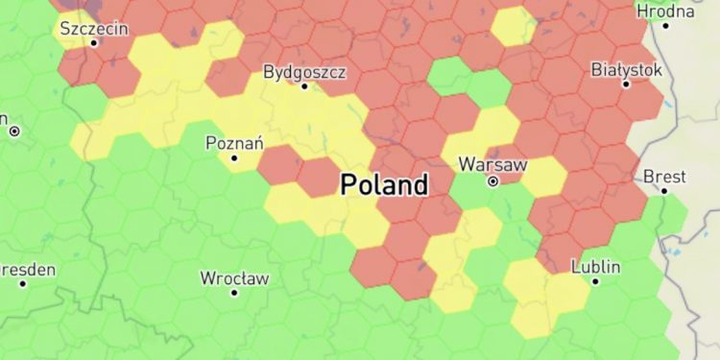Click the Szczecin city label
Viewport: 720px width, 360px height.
point(94,28)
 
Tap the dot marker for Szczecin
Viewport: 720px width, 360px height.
point(94,42)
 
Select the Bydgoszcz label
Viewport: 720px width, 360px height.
point(304,72)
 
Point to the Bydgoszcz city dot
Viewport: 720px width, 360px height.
point(304,86)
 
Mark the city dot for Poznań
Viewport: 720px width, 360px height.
point(233,157)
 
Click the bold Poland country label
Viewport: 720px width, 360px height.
point(384,184)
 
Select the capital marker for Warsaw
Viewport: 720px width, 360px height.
point(492,180)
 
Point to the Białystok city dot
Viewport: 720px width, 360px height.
point(626,84)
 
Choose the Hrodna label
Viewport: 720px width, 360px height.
point(665,12)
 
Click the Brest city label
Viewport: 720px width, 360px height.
point(664,177)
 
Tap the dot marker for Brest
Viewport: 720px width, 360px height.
point(664,191)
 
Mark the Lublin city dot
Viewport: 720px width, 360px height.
point(595,281)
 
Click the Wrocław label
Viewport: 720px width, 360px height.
point(234,278)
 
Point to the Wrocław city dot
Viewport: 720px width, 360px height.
point(234,293)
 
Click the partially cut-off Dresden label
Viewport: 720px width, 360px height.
point(27,270)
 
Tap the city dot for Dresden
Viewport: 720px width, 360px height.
point(22,284)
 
